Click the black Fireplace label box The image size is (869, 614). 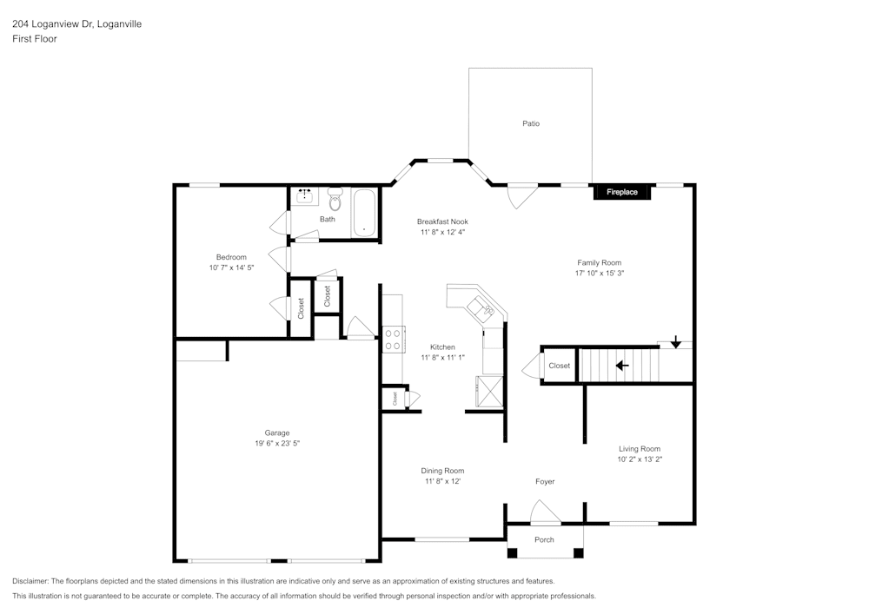click(x=621, y=192)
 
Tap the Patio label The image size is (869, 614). click(x=531, y=123)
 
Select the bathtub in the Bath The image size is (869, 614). click(x=364, y=213)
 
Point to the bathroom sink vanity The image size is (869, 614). click(x=305, y=196)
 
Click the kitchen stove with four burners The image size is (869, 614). click(x=392, y=339)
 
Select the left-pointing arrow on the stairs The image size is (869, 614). click(x=622, y=365)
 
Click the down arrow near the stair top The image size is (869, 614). click(x=676, y=343)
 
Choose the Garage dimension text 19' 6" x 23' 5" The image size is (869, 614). click(x=277, y=443)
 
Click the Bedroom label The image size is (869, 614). click(x=231, y=257)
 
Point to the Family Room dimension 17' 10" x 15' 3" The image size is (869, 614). click(x=600, y=273)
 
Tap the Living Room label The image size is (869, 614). click(x=640, y=449)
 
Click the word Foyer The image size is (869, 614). click(x=545, y=481)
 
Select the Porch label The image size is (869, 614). click(x=544, y=539)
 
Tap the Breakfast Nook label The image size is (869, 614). click(x=442, y=221)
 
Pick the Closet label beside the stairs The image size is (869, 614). click(x=560, y=366)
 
